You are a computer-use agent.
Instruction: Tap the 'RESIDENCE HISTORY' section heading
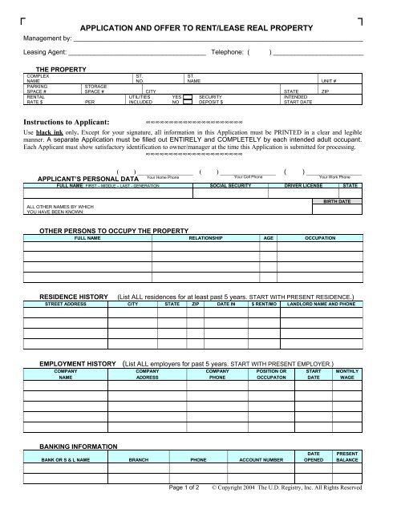pos(75,297)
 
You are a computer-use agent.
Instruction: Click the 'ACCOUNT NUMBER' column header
pos(257,460)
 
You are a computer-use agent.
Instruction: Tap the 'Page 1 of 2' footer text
pos(186,487)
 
